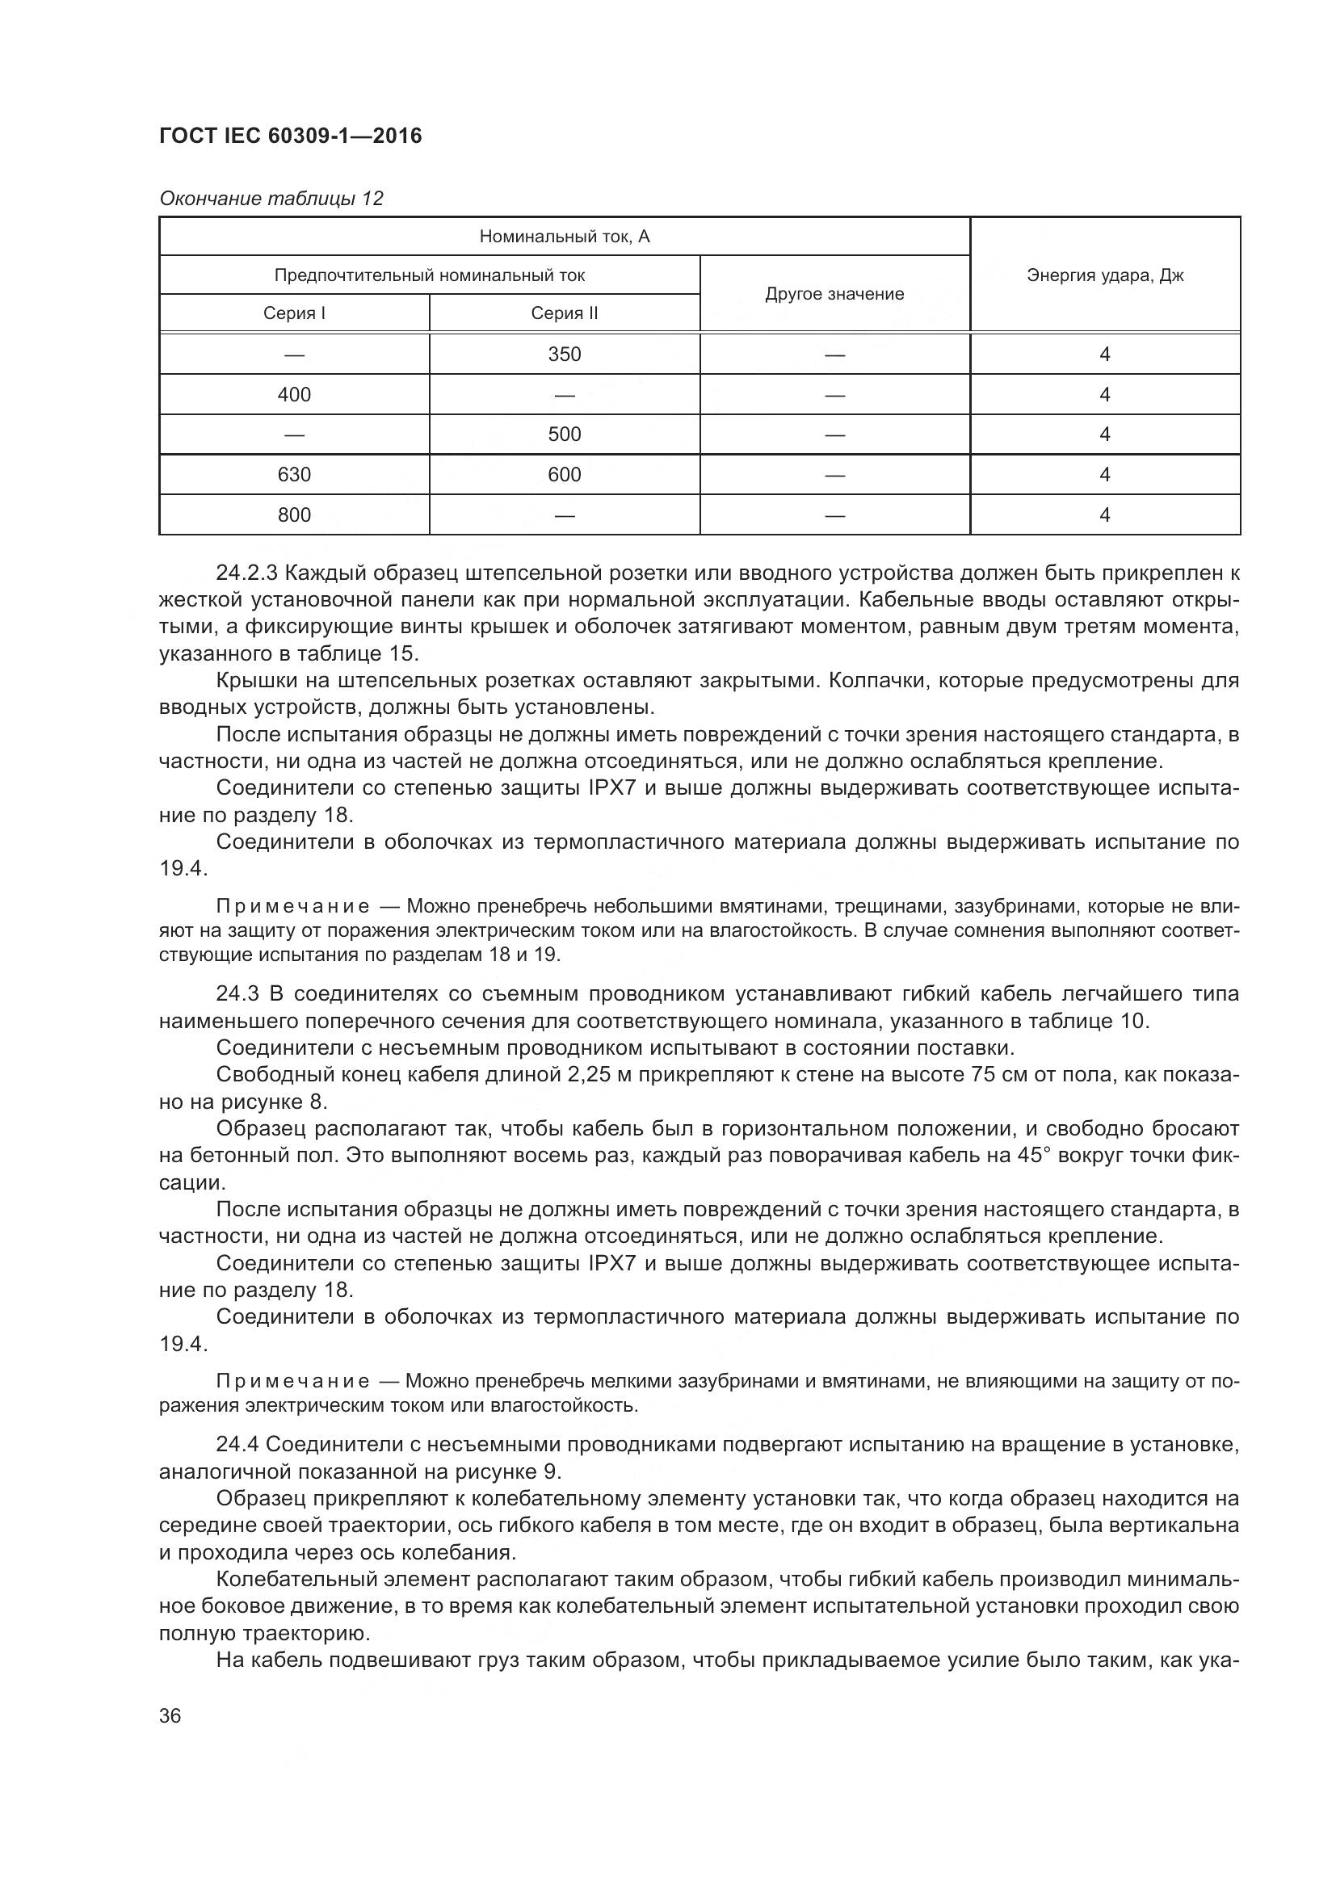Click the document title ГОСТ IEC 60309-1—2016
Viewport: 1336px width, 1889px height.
[x=291, y=136]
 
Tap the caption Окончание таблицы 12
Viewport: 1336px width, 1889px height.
[x=271, y=199]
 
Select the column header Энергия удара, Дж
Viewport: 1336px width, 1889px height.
[x=1104, y=275]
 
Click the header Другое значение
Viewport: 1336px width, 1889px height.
[x=834, y=295]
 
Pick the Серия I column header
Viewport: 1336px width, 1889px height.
[x=294, y=313]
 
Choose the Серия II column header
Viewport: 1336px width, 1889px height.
[x=565, y=313]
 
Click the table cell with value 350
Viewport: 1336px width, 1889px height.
[x=565, y=355]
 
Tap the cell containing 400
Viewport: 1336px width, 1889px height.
[x=294, y=395]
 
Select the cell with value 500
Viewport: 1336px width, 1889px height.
[x=565, y=434]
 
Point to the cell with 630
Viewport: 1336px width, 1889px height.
[x=294, y=475]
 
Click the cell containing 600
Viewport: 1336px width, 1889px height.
[x=565, y=475]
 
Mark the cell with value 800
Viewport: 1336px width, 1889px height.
[x=294, y=515]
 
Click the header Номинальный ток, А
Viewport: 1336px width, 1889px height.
[x=565, y=237]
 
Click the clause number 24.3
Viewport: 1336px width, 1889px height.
[x=237, y=994]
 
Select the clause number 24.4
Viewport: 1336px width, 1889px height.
[x=237, y=1444]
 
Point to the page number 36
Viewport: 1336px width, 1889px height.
[x=170, y=1716]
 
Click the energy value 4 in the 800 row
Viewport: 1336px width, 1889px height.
[x=1104, y=515]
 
